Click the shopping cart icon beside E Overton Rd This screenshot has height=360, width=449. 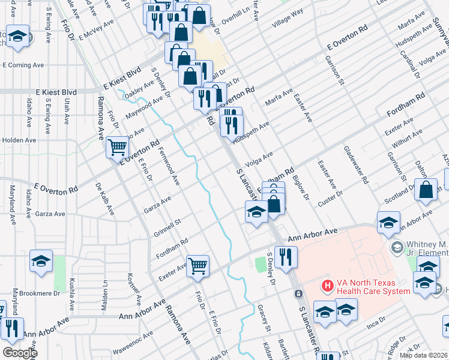117,146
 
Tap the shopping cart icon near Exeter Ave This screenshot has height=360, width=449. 197,265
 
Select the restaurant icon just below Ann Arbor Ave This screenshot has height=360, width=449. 286,256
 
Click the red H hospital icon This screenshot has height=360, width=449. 328,286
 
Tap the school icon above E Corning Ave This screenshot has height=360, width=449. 18,36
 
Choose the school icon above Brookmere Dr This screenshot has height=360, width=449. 41,261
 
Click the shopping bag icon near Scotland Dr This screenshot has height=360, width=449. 426,190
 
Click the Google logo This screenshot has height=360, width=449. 19,353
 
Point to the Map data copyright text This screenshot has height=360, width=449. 423,355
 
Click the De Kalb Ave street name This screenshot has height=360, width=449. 104,198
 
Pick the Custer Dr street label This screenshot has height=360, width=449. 330,199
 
